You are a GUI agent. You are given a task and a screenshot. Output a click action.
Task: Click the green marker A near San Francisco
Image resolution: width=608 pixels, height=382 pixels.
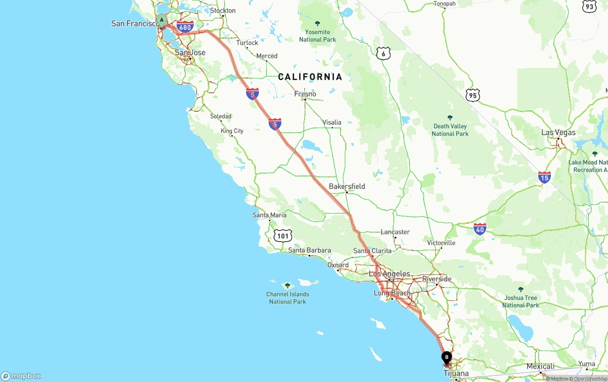162,20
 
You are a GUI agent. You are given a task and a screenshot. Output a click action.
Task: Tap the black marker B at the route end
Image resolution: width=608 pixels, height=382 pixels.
446,357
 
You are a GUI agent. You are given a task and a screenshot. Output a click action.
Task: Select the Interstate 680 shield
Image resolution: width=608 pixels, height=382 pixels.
185,27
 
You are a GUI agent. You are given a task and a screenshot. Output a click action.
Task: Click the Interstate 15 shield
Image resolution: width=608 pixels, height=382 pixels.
544,177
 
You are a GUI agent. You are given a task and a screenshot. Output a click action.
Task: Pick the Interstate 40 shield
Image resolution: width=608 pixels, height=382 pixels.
480,229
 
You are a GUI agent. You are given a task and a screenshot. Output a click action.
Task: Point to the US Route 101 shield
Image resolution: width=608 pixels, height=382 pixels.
283,235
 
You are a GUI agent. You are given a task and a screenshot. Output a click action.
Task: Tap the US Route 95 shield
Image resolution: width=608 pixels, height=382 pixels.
473,95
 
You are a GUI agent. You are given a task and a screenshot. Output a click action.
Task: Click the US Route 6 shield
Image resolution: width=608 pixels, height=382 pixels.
383,53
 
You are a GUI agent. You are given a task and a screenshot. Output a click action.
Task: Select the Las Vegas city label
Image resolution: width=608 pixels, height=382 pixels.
558,132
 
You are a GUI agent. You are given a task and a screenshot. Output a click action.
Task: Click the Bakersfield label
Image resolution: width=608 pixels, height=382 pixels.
347,186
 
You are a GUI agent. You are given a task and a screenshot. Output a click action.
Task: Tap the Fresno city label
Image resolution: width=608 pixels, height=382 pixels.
305,94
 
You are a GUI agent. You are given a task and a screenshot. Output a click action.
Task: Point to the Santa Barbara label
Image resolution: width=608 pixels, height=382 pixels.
309,250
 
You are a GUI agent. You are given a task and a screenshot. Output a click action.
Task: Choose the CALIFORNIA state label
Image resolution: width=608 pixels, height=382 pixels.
310,77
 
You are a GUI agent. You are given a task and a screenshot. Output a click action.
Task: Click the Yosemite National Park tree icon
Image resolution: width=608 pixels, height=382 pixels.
318,23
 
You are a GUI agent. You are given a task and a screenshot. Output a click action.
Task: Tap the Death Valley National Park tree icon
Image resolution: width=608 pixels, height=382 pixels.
450,118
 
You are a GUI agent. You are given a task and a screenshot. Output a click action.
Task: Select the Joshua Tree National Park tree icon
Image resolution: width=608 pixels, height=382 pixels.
521,289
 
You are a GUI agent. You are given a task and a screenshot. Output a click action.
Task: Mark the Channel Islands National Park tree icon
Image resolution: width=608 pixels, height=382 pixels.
287,285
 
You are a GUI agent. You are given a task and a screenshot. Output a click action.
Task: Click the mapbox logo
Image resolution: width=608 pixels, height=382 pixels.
21,376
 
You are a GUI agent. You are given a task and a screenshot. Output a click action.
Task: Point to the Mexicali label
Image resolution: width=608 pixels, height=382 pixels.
540,366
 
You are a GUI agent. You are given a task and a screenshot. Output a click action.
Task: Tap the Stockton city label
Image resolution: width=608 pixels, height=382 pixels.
223,10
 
